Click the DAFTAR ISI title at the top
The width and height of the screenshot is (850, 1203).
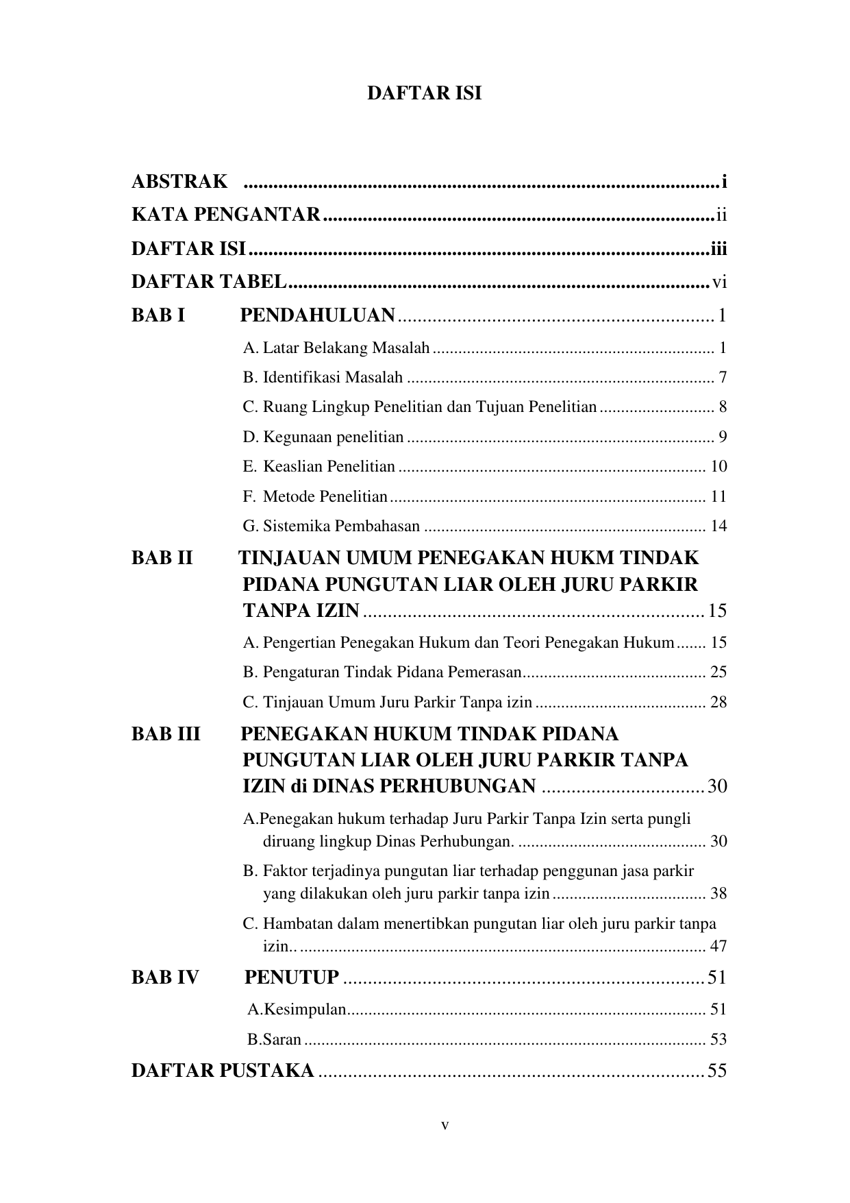(x=424, y=93)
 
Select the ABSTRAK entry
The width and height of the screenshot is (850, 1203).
(x=179, y=182)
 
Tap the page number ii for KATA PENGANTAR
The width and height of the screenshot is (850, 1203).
(x=721, y=215)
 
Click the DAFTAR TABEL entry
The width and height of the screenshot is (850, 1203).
(x=209, y=282)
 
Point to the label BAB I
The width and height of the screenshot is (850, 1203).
(x=158, y=315)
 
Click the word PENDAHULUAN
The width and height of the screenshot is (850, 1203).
(x=317, y=315)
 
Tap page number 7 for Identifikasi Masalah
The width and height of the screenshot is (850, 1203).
(x=722, y=378)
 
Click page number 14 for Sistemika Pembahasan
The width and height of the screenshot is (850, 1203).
(x=718, y=526)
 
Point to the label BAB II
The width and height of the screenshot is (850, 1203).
(x=162, y=558)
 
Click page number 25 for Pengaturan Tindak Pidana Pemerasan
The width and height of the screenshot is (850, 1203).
(x=718, y=672)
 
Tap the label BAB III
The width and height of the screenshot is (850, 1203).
(x=166, y=735)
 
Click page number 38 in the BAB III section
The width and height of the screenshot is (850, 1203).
(x=718, y=894)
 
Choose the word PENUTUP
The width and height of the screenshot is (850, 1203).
(x=292, y=977)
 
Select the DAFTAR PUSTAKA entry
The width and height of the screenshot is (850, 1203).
(x=223, y=1071)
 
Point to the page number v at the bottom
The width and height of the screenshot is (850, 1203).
(x=445, y=1126)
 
